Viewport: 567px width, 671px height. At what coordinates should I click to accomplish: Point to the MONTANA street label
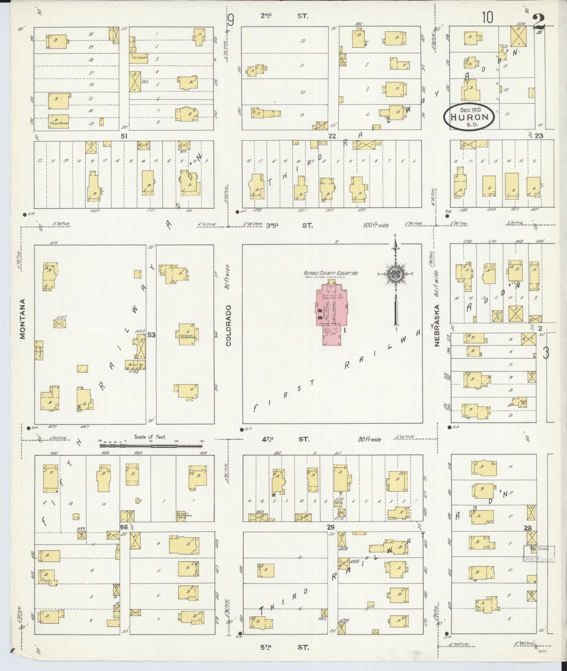tap(23, 319)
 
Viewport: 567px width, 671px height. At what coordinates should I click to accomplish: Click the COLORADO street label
tap(229, 326)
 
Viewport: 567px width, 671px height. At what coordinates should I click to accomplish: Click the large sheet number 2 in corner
tap(538, 24)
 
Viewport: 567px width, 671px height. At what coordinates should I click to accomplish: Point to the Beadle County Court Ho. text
tap(331, 273)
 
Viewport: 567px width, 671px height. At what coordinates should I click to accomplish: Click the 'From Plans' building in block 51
tap(59, 122)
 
